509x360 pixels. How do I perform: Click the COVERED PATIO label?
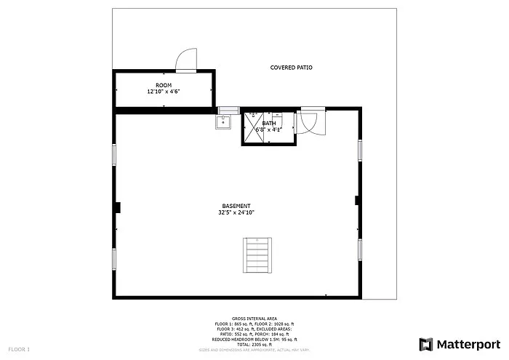[291, 68]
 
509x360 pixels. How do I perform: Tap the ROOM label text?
[164, 86]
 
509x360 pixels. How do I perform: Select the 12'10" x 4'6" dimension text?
[164, 92]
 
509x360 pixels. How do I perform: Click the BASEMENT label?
[236, 206]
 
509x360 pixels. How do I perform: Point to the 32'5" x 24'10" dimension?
[236, 212]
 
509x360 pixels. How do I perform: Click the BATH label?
[269, 124]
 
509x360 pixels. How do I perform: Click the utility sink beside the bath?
[223, 122]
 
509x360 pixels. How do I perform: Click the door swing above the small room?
[186, 60]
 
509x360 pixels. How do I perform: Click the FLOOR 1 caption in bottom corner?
[20, 350]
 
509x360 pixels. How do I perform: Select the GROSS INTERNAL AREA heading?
[254, 319]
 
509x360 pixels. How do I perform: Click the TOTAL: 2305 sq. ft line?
[254, 344]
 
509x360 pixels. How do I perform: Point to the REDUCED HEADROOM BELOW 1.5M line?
[254, 339]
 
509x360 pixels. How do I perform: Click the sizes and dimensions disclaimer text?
[254, 350]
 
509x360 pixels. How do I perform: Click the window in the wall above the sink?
[229, 109]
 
